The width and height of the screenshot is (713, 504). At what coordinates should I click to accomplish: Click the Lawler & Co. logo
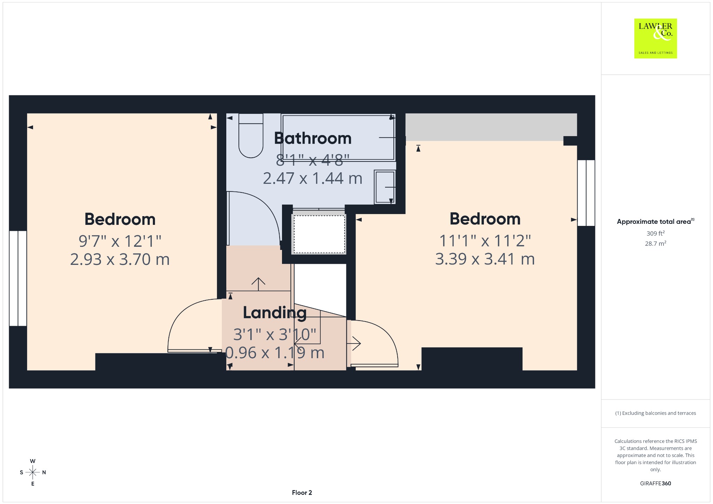655,38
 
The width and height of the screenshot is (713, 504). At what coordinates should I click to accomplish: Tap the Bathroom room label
313,138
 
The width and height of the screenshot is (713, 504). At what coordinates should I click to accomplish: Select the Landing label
275,313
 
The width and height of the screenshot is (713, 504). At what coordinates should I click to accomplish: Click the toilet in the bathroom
251,136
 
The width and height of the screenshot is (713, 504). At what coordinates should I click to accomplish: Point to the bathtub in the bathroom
338,137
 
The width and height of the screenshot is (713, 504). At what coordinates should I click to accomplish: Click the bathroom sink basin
385,187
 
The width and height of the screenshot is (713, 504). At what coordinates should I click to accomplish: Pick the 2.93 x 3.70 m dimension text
120,259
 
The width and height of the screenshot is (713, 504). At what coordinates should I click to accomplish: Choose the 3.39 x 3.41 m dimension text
485,259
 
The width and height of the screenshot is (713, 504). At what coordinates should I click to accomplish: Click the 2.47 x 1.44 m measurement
313,178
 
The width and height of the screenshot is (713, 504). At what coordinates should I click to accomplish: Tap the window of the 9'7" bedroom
18,278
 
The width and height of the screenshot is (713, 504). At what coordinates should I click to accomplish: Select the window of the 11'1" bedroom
586,193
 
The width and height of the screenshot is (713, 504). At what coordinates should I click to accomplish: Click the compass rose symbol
33,472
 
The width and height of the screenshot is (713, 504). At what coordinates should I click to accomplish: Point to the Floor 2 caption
302,493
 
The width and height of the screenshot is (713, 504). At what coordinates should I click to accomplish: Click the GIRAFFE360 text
656,483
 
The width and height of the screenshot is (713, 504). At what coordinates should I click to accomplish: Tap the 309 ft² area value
656,233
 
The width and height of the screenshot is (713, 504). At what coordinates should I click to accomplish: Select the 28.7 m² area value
656,243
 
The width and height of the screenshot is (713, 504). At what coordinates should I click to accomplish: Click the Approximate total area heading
655,221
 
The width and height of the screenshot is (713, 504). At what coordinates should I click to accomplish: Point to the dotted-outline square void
319,234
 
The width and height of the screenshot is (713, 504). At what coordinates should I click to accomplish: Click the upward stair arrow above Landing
258,284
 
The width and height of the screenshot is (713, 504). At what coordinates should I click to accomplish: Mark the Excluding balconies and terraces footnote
656,413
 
